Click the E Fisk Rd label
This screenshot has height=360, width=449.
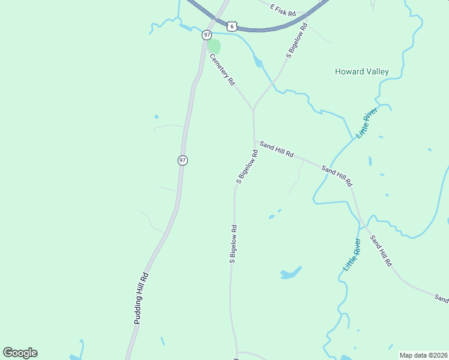click(283, 10)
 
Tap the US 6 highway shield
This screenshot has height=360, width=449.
click(232, 26)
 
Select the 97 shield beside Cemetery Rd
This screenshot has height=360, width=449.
click(207, 35)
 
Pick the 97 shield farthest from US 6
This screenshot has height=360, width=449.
click(182, 160)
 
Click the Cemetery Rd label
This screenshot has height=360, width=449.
click(221, 70)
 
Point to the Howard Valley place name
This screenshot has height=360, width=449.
click(361, 71)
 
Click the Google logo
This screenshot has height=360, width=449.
click(20, 353)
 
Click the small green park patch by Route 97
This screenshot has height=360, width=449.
click(214, 46)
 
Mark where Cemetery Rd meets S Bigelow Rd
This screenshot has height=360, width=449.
click(253, 110)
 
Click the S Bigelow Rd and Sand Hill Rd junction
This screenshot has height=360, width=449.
click(254, 142)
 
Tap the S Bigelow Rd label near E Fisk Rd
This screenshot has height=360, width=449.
click(297, 41)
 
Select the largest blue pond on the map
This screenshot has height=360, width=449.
click(291, 274)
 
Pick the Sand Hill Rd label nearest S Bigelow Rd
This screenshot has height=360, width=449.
click(276, 150)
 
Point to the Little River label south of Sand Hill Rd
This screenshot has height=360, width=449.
click(352, 255)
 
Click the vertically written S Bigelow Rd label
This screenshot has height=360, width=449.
click(233, 244)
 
